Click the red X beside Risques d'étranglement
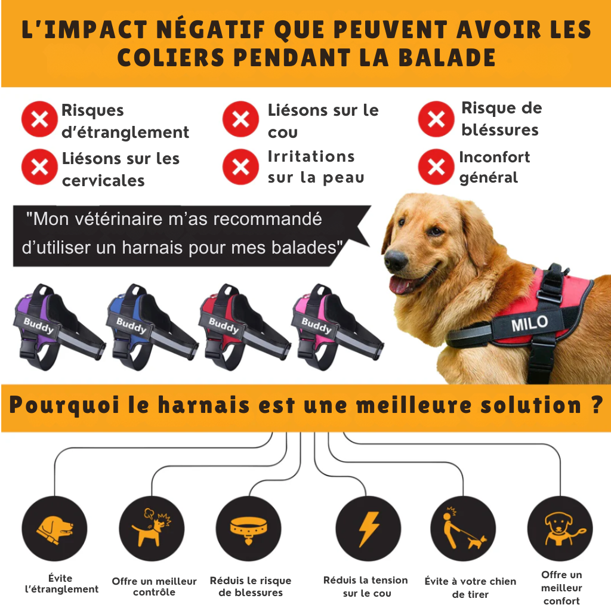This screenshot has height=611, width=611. [x=39, y=119]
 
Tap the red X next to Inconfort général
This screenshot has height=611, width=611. [x=436, y=167]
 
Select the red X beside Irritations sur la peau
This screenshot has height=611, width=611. [x=240, y=167]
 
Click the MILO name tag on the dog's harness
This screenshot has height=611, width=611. [x=529, y=323]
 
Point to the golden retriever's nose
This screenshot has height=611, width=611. [x=396, y=260]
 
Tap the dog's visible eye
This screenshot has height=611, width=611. [x=435, y=232]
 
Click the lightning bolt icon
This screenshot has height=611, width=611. [x=368, y=529]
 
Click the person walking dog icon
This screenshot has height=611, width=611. [x=464, y=529]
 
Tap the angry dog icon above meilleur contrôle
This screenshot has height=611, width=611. [x=151, y=527]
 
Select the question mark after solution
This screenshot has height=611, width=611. [x=596, y=405]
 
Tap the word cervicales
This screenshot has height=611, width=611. [x=103, y=181]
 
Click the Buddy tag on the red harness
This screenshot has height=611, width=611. [x=224, y=325]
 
